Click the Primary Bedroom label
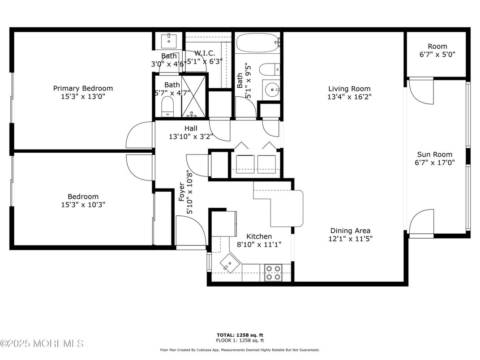coord(83,88)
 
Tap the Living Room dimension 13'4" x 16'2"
coord(349,96)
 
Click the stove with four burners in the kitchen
coord(273,273)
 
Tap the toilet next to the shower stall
coord(167,107)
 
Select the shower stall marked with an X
coord(193,96)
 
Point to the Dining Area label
coord(350,231)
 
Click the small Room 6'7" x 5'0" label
coord(437,46)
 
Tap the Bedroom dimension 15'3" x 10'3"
coord(83,205)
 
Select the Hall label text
coord(191,128)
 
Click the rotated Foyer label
coord(182,192)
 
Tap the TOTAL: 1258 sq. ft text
coord(240,335)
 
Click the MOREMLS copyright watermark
coord(42,343)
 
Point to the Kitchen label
coord(259,236)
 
